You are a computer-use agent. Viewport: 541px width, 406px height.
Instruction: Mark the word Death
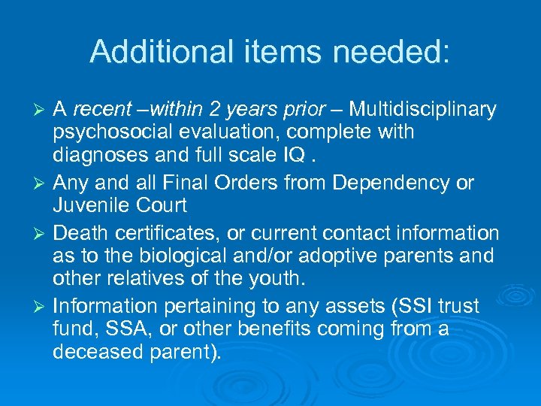click(x=77, y=233)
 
